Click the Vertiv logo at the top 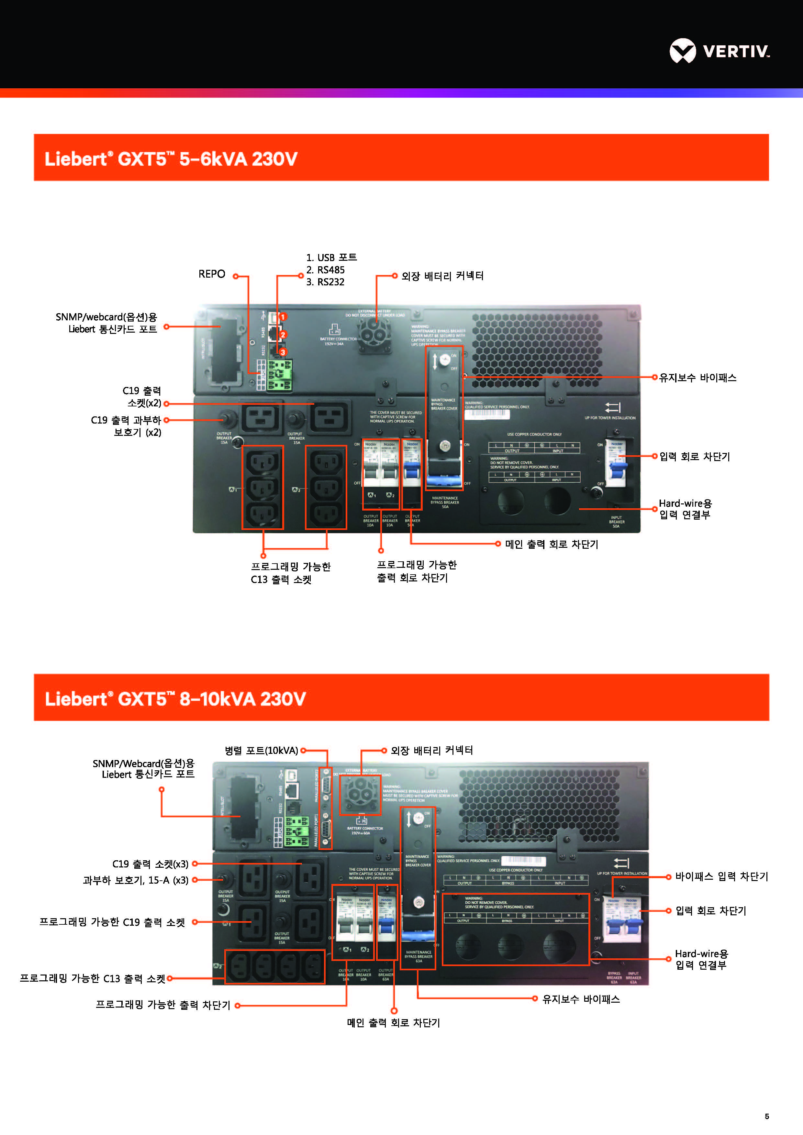coord(719,50)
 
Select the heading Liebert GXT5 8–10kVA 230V coord(175,699)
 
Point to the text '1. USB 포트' coord(331,258)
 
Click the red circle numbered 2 coord(283,335)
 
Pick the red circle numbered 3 coord(283,352)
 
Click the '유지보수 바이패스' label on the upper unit coord(698,378)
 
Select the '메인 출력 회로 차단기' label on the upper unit coord(551,544)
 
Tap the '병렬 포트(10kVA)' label coord(262,750)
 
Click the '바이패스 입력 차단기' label coord(721,876)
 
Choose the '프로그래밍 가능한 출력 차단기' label coord(163,1005)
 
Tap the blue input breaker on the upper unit coord(617,469)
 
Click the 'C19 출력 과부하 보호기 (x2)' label coord(126,426)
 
